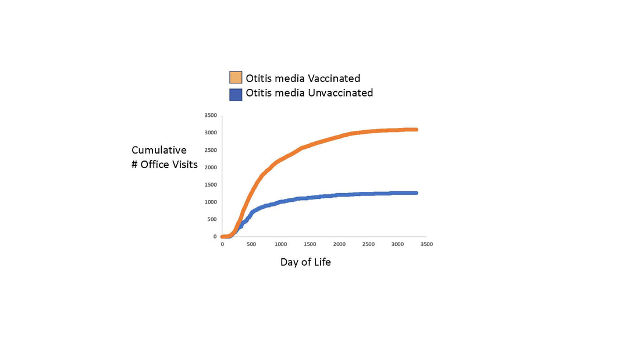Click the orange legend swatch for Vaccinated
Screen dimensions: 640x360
[x=236, y=77]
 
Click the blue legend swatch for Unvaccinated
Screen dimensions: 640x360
[x=236, y=95]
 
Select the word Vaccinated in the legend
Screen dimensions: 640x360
[x=334, y=78]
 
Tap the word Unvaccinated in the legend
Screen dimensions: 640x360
[x=340, y=92]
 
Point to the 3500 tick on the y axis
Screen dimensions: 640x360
[x=211, y=116]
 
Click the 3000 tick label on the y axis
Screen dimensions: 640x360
[x=211, y=133]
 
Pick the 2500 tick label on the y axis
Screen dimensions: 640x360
[x=211, y=150]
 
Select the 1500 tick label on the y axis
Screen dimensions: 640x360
[x=211, y=185]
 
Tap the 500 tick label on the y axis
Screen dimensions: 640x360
[x=212, y=219]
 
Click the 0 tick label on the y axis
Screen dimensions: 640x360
[x=215, y=237]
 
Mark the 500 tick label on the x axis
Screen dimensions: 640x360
[x=251, y=244]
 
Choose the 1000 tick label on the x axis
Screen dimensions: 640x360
[x=280, y=244]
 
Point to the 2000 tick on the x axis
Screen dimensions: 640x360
[x=339, y=244]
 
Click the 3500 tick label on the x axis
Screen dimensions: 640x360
[x=426, y=244]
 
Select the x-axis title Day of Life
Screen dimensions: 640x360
[x=305, y=262]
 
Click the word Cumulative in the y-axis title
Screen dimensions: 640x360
[x=159, y=150]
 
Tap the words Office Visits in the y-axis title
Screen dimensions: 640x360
[x=169, y=165]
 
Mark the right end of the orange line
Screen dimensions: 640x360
[x=417, y=129]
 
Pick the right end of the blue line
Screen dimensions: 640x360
[x=417, y=193]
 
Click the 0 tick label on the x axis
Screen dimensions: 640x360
[x=222, y=244]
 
